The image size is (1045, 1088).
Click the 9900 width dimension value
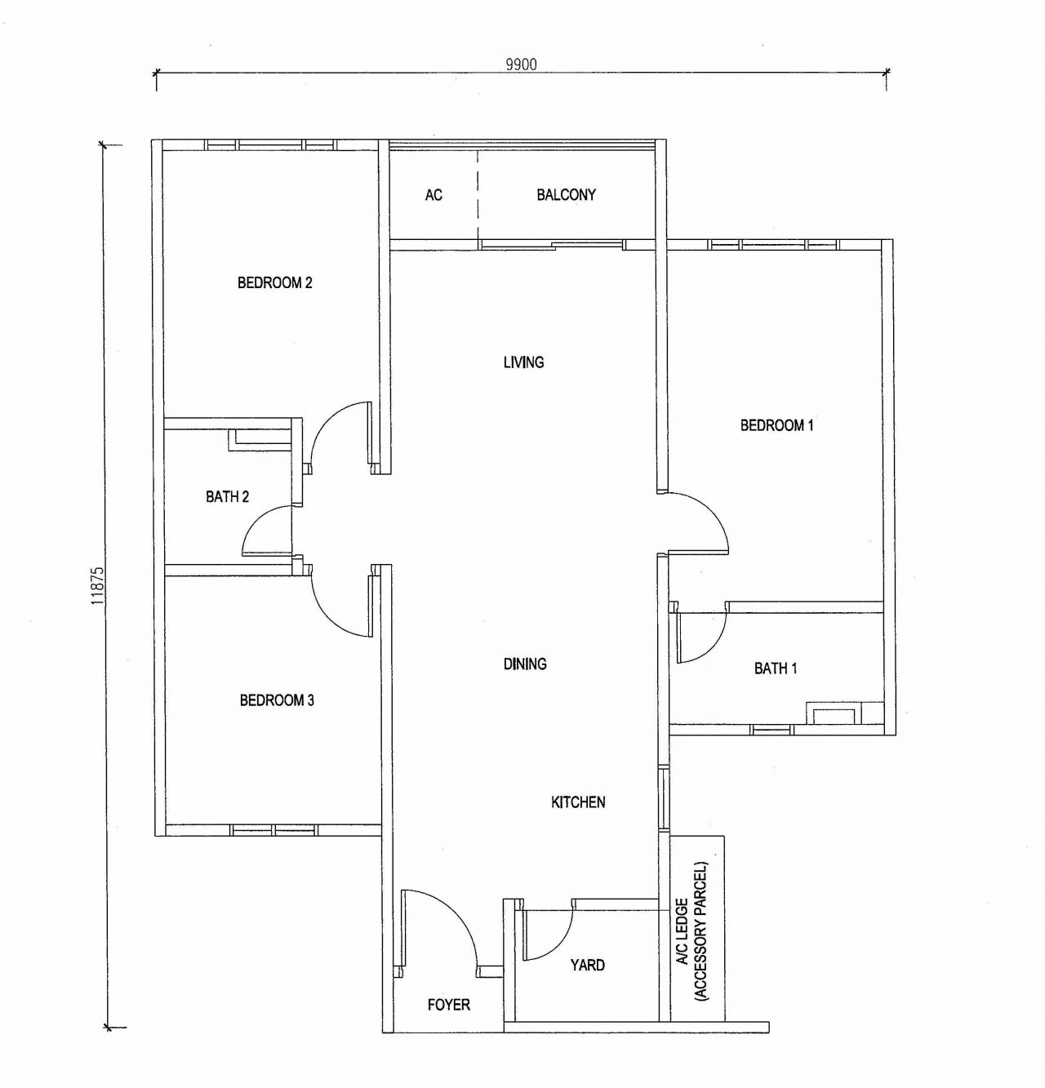521,64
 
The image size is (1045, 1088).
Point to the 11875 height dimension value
98,587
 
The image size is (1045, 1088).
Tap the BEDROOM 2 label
274,283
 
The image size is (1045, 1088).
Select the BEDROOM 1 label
776,425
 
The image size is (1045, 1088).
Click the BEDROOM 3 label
277,700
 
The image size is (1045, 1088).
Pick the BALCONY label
566,194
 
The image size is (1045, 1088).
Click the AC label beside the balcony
434,194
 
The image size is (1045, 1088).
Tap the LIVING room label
523,362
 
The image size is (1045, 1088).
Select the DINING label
525,664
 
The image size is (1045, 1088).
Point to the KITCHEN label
578,802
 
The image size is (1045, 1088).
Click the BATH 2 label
227,496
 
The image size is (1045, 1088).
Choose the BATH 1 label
776,668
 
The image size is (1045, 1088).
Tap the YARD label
587,965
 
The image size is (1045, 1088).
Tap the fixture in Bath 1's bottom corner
833,713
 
